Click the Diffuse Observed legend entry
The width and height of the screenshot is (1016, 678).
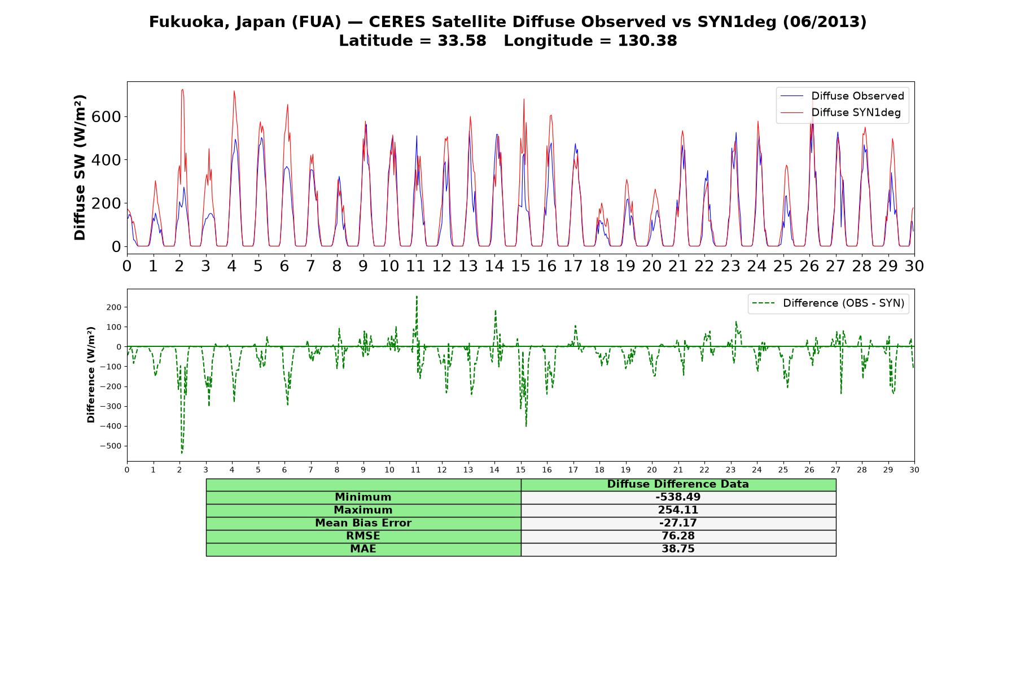(842, 96)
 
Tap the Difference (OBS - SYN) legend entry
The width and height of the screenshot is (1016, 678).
(828, 303)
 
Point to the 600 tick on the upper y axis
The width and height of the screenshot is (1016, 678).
(110, 116)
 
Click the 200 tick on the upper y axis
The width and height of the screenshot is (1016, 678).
(110, 203)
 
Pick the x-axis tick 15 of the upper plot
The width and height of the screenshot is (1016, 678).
(520, 266)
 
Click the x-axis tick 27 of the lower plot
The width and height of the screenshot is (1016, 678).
(835, 470)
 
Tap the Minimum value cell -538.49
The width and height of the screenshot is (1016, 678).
(678, 497)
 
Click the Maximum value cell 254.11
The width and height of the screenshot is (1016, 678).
(678, 510)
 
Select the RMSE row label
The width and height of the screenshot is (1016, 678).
(363, 536)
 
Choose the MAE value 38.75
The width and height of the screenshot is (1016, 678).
(678, 549)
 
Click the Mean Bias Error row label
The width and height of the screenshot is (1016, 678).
(363, 523)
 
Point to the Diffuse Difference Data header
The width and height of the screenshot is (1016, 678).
(678, 484)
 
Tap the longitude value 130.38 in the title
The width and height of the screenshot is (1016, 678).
(647, 41)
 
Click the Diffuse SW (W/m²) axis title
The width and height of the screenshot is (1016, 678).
(80, 168)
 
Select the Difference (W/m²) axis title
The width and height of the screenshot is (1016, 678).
(91, 375)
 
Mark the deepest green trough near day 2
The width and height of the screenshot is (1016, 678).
(182, 453)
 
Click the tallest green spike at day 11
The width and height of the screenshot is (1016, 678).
(417, 297)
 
